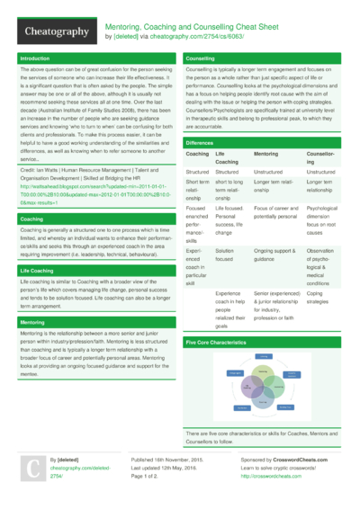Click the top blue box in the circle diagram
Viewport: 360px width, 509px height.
tap(264, 357)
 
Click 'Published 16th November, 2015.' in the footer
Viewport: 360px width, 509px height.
tap(172, 458)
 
